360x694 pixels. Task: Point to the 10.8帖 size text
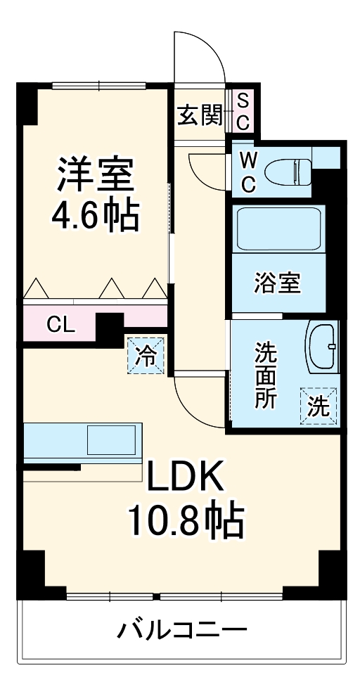[x=184, y=522]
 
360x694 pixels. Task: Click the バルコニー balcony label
[x=181, y=628]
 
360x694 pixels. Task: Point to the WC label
[x=249, y=172]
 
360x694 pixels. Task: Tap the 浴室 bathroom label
[x=278, y=283]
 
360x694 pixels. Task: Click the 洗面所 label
[x=265, y=373]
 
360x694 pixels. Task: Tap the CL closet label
[x=60, y=325]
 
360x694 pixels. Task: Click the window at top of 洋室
[x=98, y=85]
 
